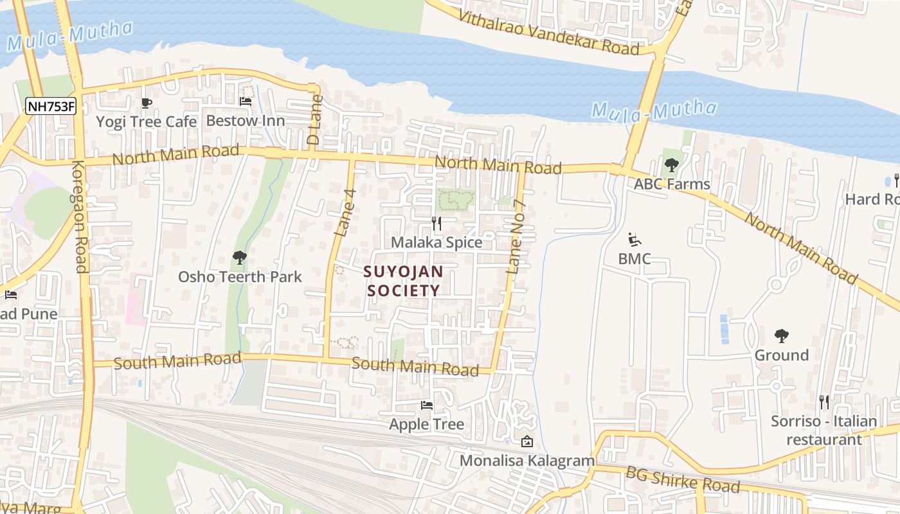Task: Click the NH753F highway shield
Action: [51, 106]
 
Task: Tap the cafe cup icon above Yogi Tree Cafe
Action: [147, 103]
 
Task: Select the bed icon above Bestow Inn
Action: [245, 101]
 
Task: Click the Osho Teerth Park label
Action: [240, 277]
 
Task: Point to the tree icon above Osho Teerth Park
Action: [240, 258]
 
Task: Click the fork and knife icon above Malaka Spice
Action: [437, 224]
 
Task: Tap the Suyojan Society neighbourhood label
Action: [403, 281]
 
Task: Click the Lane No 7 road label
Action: [517, 238]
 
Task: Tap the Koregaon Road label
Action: [79, 217]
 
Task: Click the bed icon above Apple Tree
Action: [426, 405]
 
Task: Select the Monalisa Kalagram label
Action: [527, 461]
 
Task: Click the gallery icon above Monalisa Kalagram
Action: [526, 441]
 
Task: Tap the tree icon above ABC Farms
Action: [672, 165]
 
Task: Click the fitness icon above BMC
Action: [634, 240]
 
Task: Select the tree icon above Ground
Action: [782, 335]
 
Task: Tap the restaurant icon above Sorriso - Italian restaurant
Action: [824, 402]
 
